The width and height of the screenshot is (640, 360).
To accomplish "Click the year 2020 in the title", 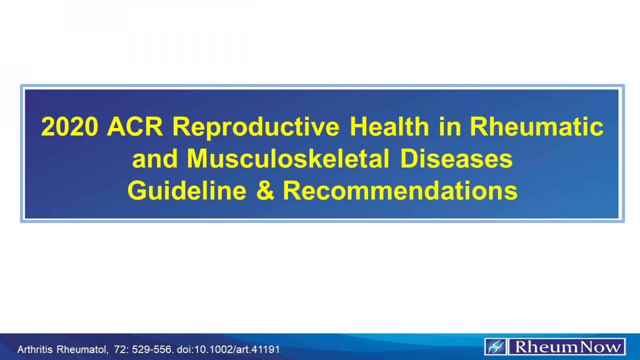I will (70, 127).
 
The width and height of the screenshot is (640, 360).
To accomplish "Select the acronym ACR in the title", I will (135, 127).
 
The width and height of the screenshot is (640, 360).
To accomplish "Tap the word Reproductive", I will (256, 127).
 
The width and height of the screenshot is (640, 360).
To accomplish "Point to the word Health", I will (389, 127).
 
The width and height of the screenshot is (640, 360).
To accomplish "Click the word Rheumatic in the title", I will (536, 127).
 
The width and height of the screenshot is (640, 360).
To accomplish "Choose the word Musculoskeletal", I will (288, 159).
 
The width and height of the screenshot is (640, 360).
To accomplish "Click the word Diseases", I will (456, 159).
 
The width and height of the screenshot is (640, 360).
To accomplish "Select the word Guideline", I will (187, 190).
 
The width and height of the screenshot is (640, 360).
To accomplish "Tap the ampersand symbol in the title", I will (265, 190).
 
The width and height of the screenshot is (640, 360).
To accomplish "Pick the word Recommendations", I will (400, 190).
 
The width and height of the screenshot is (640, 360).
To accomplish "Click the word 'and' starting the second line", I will (155, 159).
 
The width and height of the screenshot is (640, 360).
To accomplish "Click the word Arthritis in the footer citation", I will (35, 349).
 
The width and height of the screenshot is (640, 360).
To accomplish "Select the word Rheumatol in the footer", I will (82, 349).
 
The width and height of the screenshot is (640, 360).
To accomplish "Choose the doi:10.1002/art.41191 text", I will (228, 349).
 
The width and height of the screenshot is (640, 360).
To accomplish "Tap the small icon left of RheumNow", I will (496, 347).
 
